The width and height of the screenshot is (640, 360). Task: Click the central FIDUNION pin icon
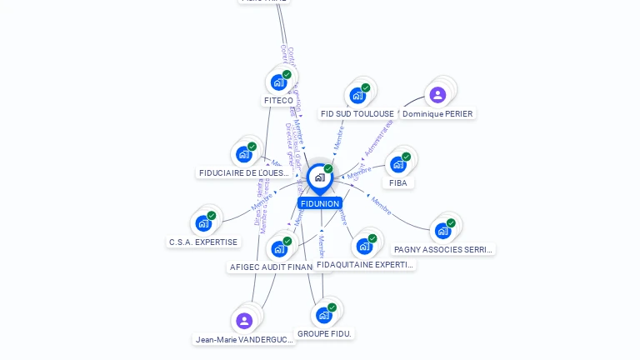319,177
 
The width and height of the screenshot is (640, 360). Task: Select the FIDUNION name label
320,203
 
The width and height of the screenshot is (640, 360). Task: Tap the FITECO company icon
278,82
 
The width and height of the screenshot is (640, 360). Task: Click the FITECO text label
278,101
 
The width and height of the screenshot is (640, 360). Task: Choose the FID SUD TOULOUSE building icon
357,95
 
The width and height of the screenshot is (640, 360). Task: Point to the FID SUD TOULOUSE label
357,114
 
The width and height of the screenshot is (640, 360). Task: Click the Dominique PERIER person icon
437,95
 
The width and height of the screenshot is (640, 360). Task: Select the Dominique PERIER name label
437,114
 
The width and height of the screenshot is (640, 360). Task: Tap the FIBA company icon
397,164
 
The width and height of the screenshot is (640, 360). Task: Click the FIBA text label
397,183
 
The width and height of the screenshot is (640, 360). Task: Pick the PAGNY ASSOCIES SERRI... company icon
442,230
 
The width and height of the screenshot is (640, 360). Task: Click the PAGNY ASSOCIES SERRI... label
443,249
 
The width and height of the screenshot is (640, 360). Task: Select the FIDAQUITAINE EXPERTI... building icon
364,246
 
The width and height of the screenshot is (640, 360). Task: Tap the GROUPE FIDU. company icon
324,315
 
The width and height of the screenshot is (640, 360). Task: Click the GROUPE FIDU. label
325,334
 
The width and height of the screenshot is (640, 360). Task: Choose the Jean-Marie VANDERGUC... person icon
244,321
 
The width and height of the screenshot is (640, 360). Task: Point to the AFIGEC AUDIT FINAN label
269,267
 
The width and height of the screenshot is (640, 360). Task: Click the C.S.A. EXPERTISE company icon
203,223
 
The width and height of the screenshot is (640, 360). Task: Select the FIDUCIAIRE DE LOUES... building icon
243,154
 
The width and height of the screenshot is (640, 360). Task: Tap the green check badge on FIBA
406,157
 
